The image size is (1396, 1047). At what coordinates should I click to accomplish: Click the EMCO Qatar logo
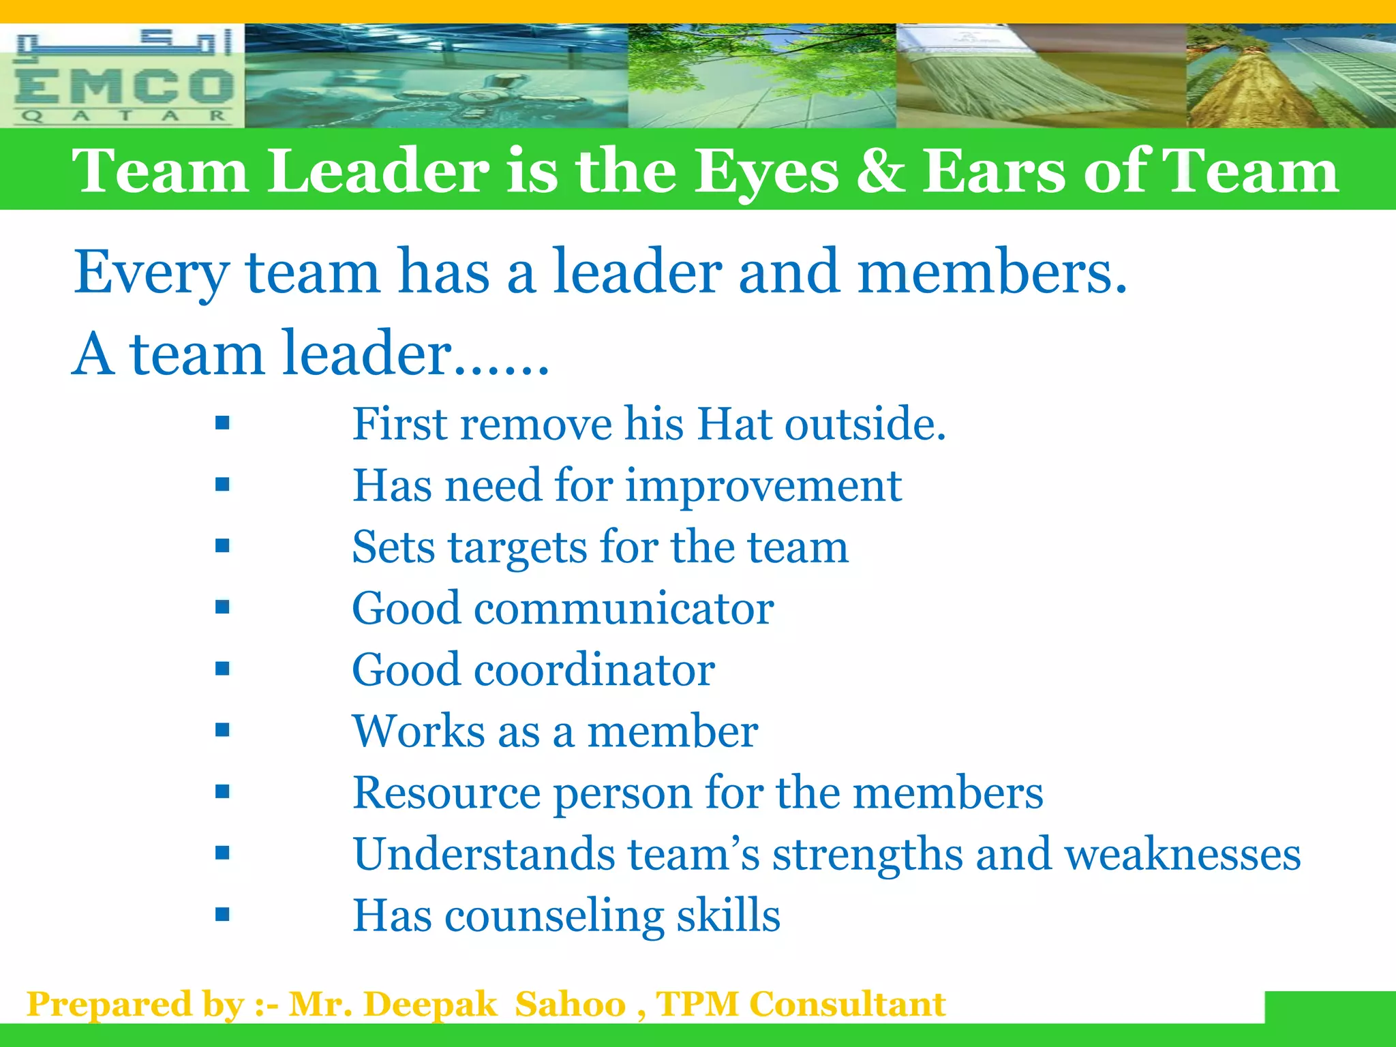pos(123,76)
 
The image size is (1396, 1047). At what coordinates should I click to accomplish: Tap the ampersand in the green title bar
pos(880,171)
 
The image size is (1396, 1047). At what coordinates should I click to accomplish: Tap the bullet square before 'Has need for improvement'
pos(222,485)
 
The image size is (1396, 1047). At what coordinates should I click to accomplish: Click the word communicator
pos(624,608)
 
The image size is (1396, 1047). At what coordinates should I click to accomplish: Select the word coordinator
pos(594,669)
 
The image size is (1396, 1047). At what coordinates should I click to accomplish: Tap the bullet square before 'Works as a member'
pos(222,730)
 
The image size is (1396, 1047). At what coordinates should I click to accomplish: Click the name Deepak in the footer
pos(430,1005)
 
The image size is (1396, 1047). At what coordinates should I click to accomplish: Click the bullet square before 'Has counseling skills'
pos(222,914)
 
